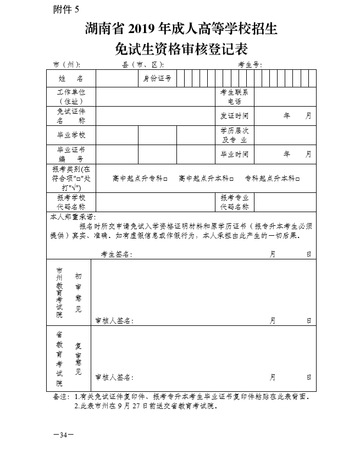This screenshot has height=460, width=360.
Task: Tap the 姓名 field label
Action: (71, 79)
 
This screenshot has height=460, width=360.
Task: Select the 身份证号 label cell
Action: (157, 79)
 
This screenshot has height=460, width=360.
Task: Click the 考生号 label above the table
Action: (249, 64)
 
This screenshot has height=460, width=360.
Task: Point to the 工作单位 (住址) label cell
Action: (71, 96)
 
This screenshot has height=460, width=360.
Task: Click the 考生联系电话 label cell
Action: (234, 96)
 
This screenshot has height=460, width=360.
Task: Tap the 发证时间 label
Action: (234, 116)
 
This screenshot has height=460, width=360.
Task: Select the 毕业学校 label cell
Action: (71, 135)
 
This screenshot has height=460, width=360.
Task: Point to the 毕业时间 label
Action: (234, 154)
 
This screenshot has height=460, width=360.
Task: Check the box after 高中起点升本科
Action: (232, 179)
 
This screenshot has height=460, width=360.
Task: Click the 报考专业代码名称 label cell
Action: (234, 202)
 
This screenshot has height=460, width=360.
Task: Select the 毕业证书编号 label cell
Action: (71, 153)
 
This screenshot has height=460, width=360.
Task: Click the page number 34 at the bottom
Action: (63, 435)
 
